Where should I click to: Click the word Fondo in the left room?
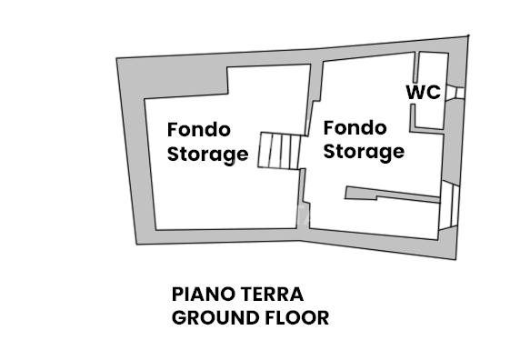point(199,131)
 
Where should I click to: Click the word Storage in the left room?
point(207,154)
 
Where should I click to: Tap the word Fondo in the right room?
point(355,127)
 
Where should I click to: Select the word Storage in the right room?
point(364,150)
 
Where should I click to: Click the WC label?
point(423,92)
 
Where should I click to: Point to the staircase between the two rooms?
point(279,150)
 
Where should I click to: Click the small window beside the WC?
point(458,92)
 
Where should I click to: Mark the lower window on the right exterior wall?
point(446,204)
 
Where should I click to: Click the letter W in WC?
point(415,92)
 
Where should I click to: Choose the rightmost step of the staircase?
point(295,150)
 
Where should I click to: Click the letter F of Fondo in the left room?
point(172,131)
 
